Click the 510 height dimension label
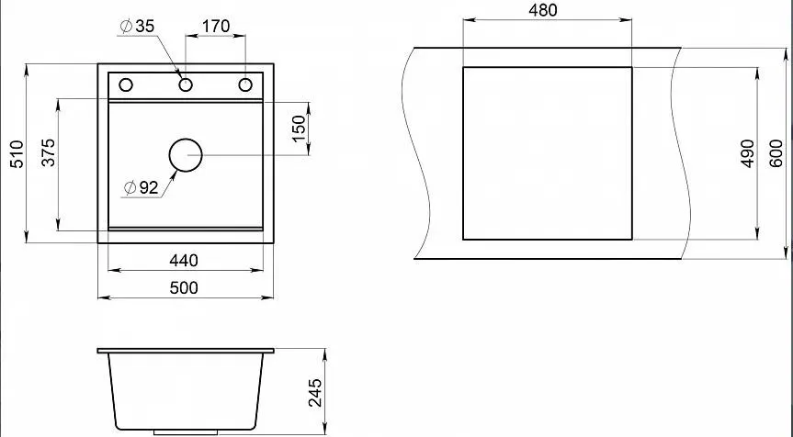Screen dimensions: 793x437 click(x=17, y=154)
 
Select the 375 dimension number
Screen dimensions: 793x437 click(x=49, y=152)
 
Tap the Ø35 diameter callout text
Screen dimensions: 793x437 click(x=137, y=27)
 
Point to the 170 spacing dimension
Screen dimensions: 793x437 click(x=216, y=26)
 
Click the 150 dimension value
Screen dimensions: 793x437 click(x=299, y=129)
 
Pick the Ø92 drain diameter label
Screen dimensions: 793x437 click(x=142, y=188)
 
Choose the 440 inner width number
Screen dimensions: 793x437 click(x=184, y=261)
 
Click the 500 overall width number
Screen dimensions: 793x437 click(x=184, y=288)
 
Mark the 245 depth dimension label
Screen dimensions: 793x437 click(x=314, y=393)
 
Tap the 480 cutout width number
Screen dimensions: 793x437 click(x=543, y=10)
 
